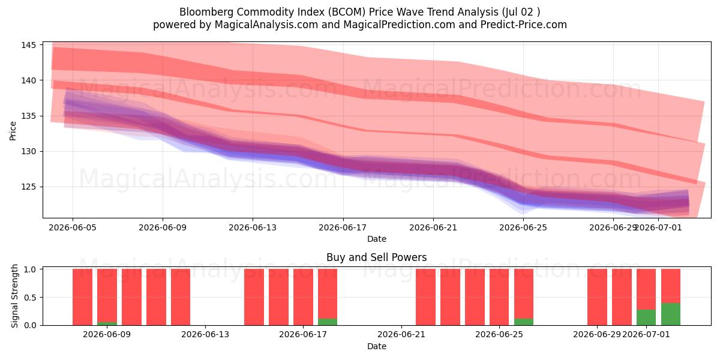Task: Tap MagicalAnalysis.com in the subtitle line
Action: click(266, 25)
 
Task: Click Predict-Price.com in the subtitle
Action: click(524, 25)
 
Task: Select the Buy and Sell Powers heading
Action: click(376, 257)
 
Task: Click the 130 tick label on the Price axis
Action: click(28, 151)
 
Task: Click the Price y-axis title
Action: click(13, 131)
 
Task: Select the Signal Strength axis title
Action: click(14, 296)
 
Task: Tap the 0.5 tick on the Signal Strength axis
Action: click(30, 298)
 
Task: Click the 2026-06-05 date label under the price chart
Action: click(73, 227)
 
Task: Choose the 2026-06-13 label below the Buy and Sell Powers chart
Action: click(205, 335)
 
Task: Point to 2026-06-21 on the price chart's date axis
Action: click(433, 227)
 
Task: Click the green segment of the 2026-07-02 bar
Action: click(671, 314)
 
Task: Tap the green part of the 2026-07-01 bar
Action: click(646, 317)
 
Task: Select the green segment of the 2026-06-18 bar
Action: click(328, 322)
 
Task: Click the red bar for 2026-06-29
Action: click(597, 297)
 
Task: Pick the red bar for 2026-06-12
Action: click(181, 297)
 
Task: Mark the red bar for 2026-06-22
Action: click(425, 297)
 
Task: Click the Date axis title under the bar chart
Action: click(377, 347)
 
